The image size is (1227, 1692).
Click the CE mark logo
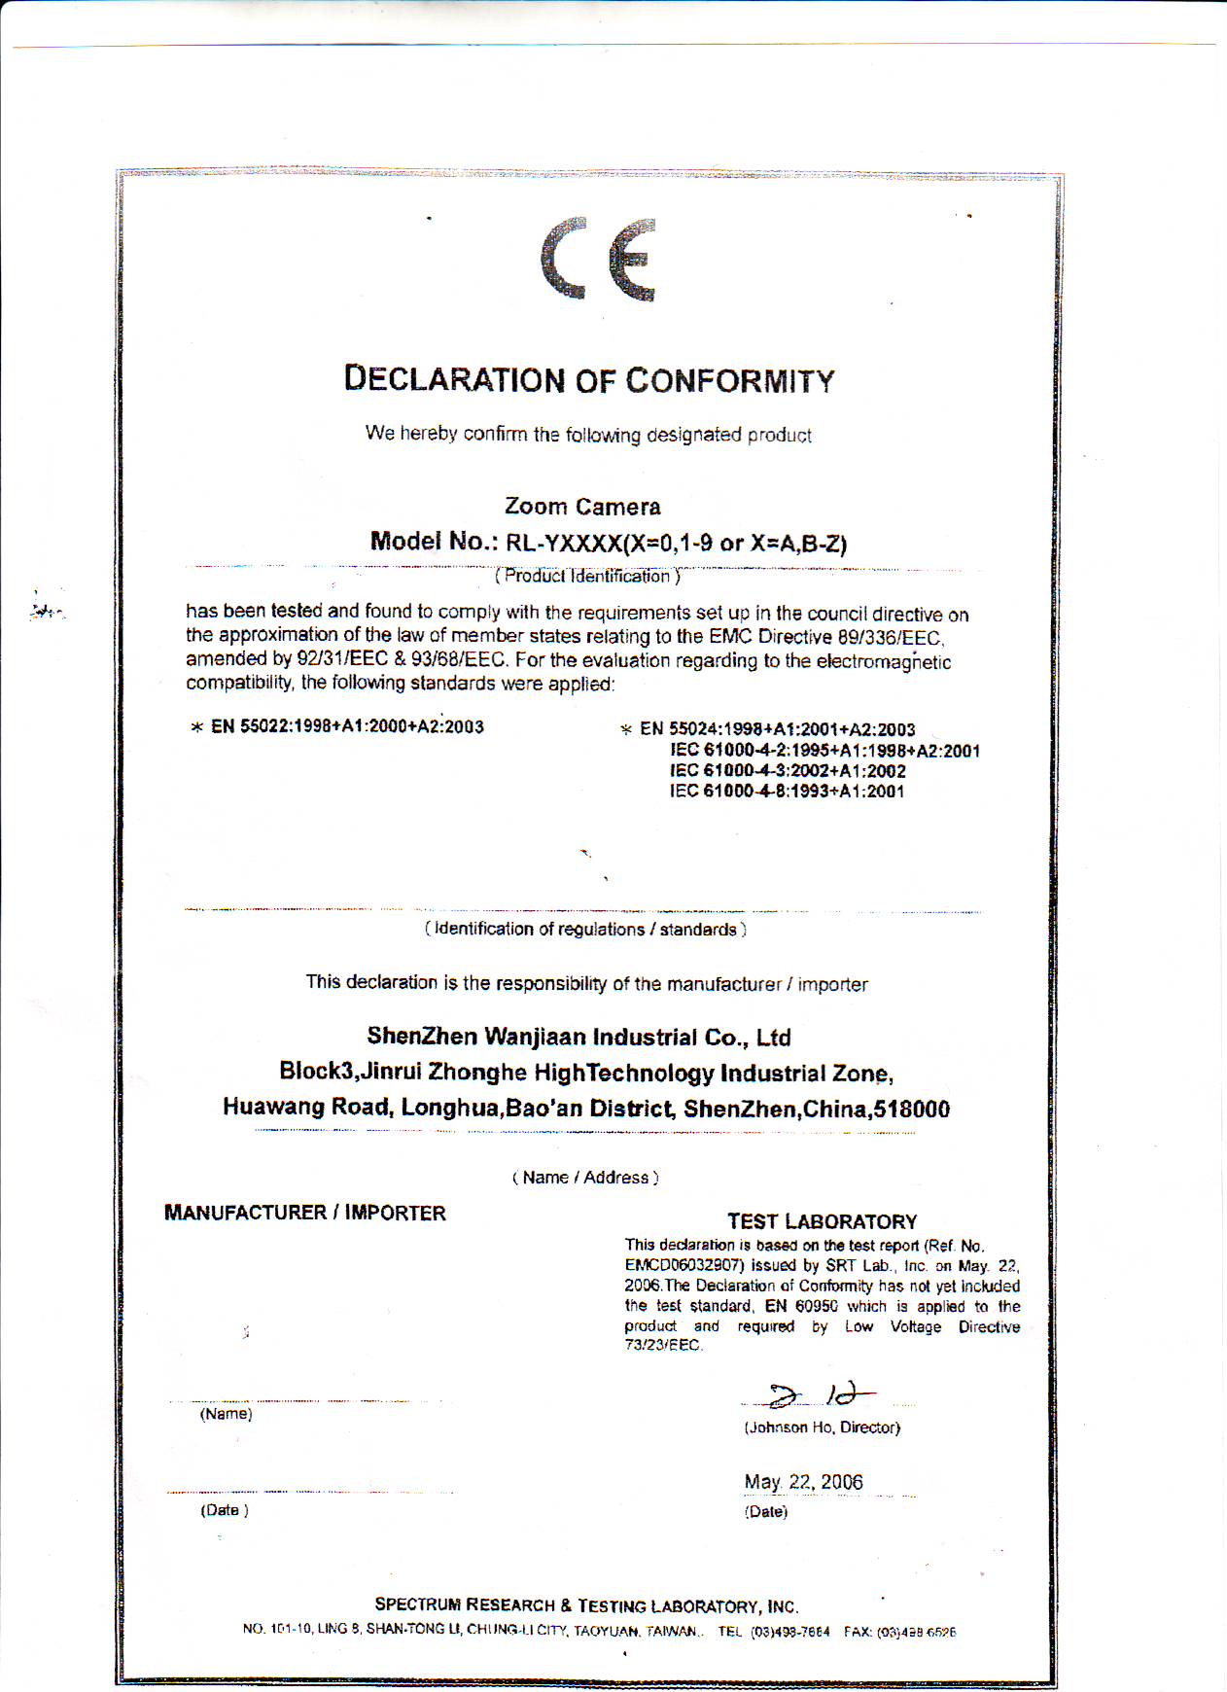tap(598, 259)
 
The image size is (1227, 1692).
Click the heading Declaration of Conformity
tap(589, 379)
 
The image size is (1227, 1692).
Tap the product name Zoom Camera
tap(582, 507)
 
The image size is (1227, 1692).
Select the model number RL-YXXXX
tap(563, 543)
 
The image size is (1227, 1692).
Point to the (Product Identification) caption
tap(587, 577)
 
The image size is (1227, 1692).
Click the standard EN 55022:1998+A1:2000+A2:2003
tap(347, 726)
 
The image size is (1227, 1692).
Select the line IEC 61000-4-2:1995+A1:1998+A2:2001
tap(824, 751)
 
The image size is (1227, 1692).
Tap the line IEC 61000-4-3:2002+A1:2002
tap(788, 771)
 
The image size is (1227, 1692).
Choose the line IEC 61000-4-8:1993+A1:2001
tap(787, 792)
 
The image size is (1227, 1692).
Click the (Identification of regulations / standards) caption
tap(585, 930)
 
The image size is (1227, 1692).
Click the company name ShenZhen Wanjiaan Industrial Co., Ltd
tap(578, 1038)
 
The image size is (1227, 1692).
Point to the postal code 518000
tap(911, 1110)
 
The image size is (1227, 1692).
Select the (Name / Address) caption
tap(585, 1178)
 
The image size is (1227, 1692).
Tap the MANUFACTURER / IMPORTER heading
tap(304, 1213)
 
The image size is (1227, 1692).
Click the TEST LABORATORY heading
tap(822, 1221)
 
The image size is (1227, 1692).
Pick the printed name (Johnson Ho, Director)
tap(822, 1428)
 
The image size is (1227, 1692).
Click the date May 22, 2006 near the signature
tap(803, 1482)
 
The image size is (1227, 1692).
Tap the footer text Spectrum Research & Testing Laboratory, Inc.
tap(586, 1605)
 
